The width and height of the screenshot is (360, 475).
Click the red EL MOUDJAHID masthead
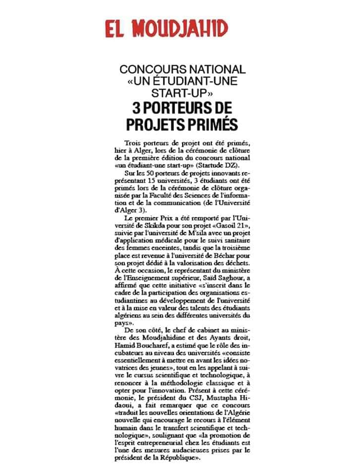click(x=166, y=29)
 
